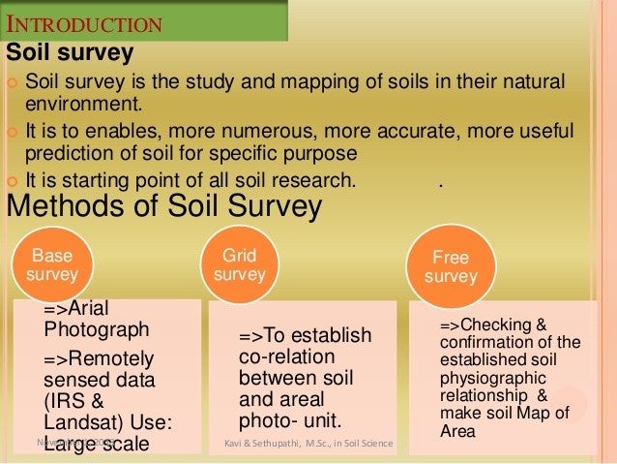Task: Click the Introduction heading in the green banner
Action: pos(84,21)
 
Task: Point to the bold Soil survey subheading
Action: pos(70,51)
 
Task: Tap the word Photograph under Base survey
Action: pos(97,328)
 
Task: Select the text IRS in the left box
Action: pos(63,402)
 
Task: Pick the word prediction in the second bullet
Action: pos(67,153)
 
